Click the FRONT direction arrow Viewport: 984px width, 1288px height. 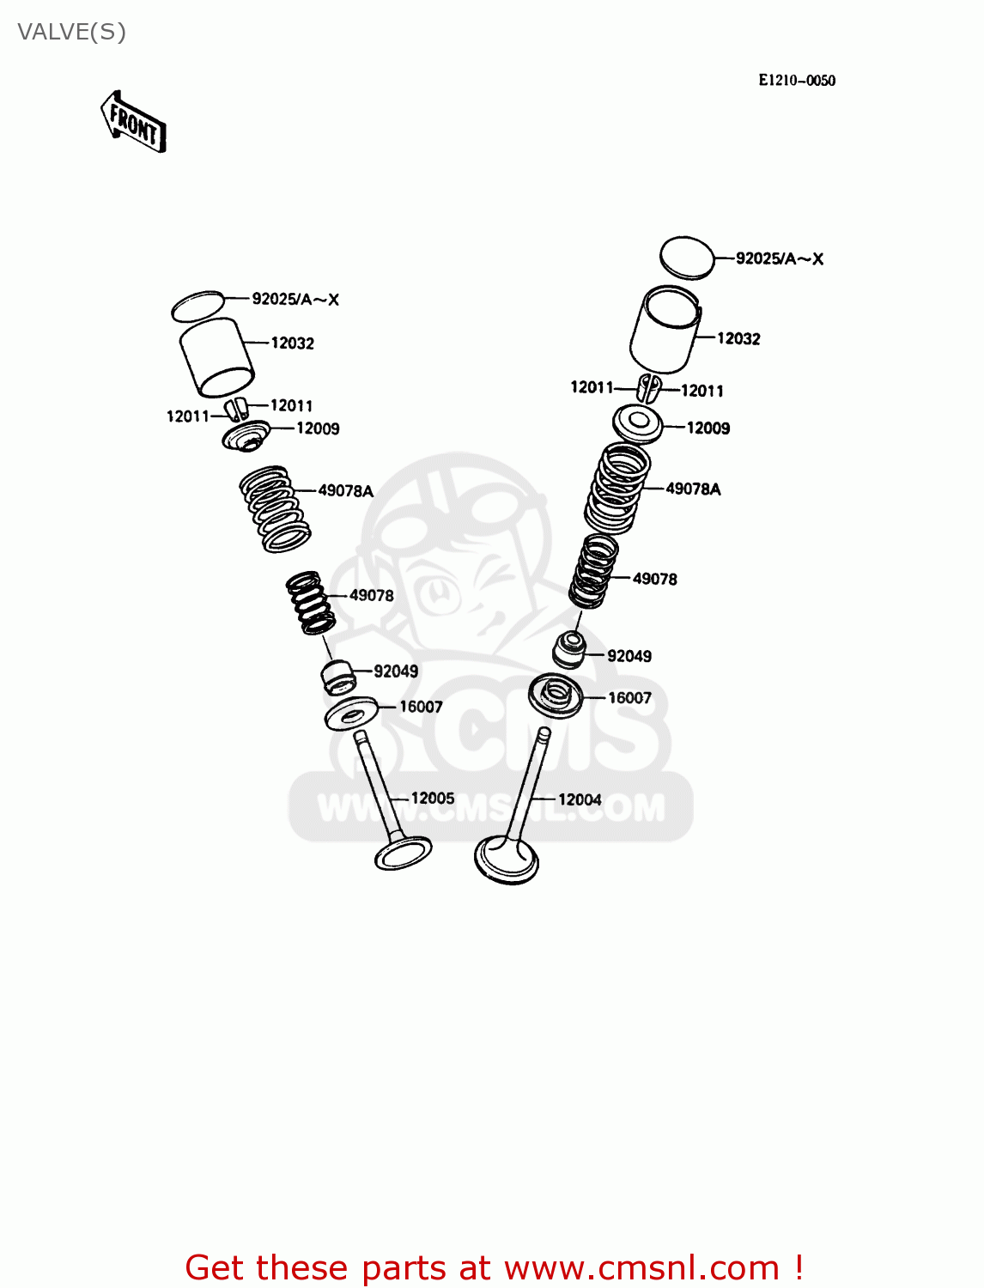(134, 122)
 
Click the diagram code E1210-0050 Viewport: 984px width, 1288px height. (796, 80)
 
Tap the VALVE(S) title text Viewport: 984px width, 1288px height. (71, 32)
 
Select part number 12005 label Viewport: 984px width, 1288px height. (433, 799)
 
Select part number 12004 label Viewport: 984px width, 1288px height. (580, 799)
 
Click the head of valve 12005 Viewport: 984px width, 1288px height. (403, 854)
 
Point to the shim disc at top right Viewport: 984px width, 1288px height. (687, 257)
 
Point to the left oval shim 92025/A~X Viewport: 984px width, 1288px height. (197, 306)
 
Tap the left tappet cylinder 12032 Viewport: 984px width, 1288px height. (216, 357)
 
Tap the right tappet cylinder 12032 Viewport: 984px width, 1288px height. (665, 329)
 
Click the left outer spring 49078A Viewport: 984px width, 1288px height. (274, 508)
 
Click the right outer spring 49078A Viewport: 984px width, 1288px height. (617, 487)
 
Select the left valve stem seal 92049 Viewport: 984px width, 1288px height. (337, 676)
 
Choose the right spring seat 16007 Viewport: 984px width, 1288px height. (556, 696)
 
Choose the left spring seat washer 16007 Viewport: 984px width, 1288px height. (351, 713)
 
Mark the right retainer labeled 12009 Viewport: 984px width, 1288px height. (638, 423)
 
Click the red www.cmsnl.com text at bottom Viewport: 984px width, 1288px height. (642, 1267)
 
